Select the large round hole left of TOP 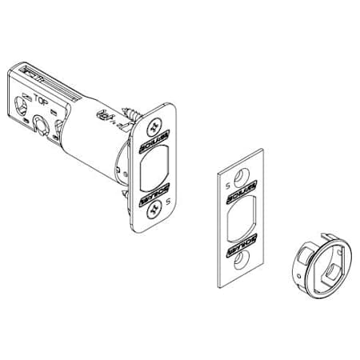point(20,105)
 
